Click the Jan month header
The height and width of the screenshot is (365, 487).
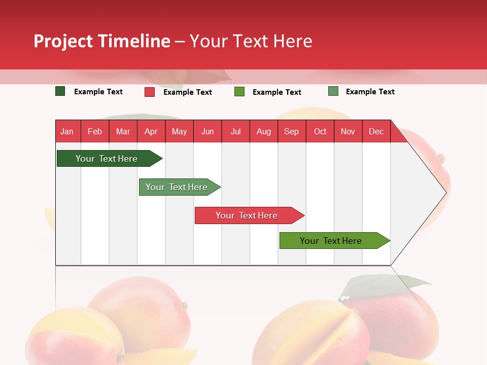pyautogui.click(x=67, y=132)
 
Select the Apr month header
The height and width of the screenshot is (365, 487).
pyautogui.click(x=151, y=132)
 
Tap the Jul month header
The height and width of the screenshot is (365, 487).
pyautogui.click(x=235, y=132)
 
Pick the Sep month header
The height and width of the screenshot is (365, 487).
pyautogui.click(x=291, y=132)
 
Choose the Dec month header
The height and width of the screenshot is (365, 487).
pyautogui.click(x=376, y=132)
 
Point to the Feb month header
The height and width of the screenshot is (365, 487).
pyautogui.click(x=95, y=132)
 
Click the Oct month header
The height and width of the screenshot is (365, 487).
pyautogui.click(x=320, y=132)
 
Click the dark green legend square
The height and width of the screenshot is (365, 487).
pyautogui.click(x=60, y=91)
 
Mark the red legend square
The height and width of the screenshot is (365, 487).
pyautogui.click(x=150, y=92)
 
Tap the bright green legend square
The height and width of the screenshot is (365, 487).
pyautogui.click(x=239, y=92)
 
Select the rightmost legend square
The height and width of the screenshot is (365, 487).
pyautogui.click(x=333, y=91)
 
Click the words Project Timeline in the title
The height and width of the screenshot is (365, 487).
pyautogui.click(x=102, y=41)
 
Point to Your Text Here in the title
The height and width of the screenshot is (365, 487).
pyautogui.click(x=251, y=41)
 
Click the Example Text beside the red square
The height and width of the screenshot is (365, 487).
pyautogui.click(x=188, y=92)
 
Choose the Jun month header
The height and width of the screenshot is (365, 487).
pyautogui.click(x=207, y=132)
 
